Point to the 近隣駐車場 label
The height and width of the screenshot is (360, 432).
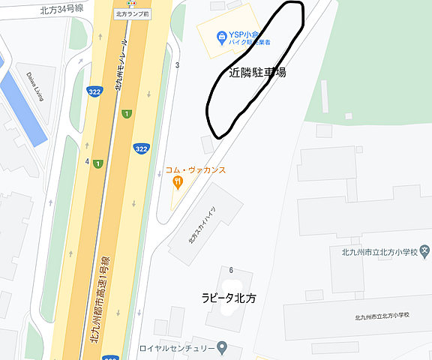[x=257, y=73]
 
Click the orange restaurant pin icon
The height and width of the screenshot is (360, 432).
[x=178, y=181]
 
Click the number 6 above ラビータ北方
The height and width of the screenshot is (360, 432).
[x=232, y=270]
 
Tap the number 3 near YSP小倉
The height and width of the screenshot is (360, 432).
[x=178, y=65]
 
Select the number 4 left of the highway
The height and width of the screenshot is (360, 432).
[x=88, y=161]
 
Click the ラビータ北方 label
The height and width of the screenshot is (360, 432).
[x=229, y=298]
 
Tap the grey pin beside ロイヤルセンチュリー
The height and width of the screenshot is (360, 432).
[x=222, y=348]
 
